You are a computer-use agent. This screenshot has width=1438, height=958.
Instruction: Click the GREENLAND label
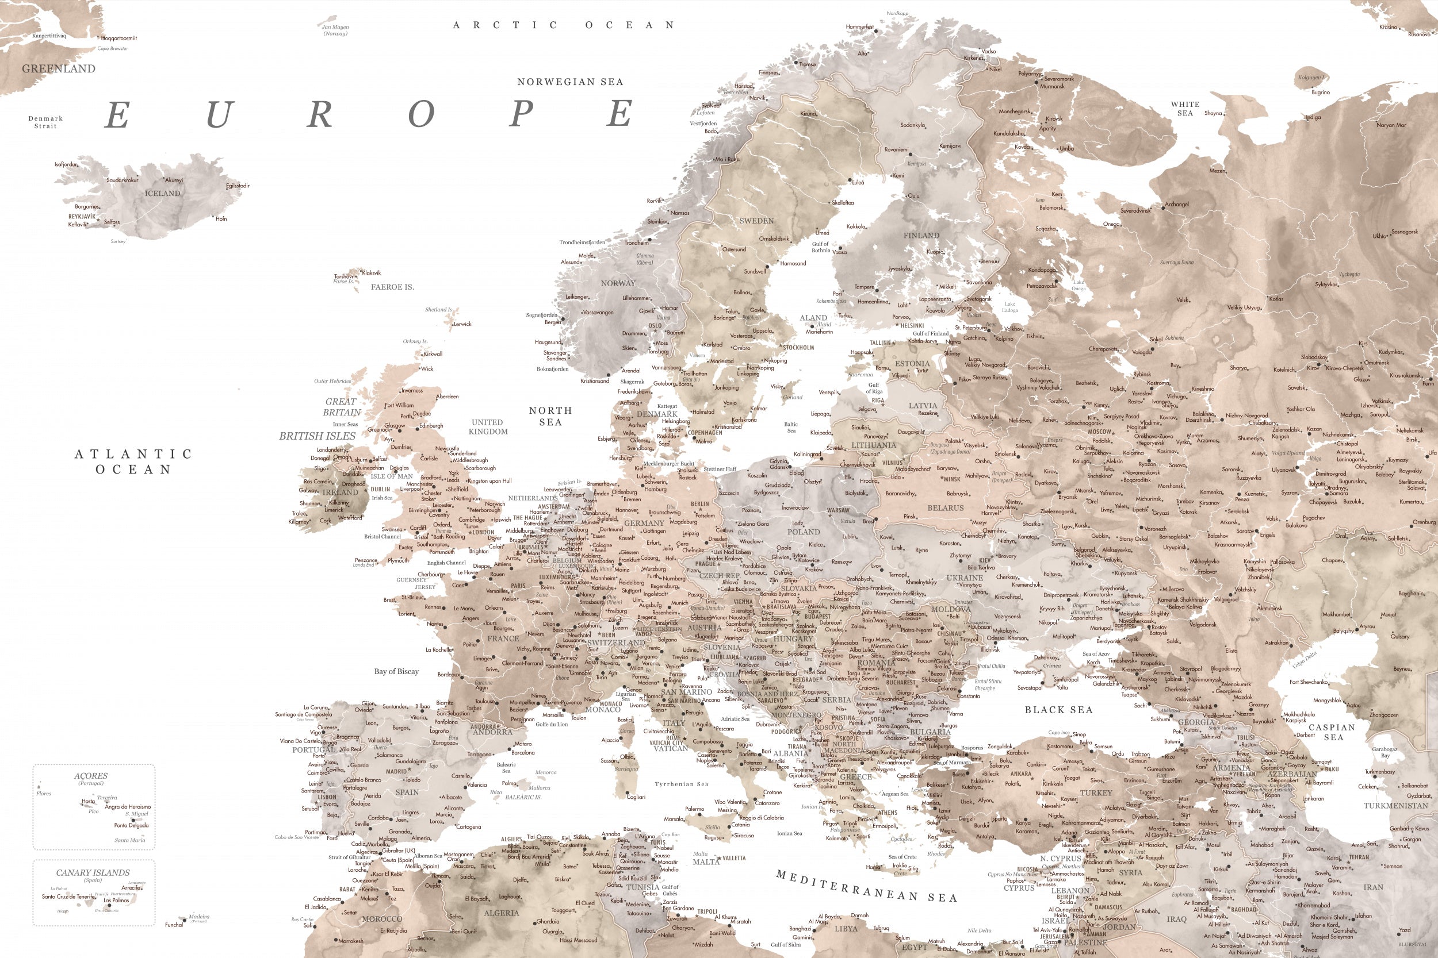59,68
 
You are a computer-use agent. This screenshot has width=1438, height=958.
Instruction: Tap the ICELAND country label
162,193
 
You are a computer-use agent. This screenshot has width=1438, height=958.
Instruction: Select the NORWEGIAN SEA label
570,82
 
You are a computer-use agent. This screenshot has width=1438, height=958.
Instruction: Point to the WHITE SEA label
1185,108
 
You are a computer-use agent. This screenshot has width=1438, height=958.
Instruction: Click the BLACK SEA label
1058,710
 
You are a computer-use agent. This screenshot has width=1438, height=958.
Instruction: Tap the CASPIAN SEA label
1332,732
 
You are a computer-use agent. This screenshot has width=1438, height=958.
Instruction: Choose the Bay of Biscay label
396,671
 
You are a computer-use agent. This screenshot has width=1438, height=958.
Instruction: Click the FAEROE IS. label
392,287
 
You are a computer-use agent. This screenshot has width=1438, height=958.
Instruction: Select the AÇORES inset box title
90,776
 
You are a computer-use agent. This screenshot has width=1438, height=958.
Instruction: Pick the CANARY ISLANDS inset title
93,872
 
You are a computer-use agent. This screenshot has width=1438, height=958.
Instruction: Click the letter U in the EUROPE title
218,114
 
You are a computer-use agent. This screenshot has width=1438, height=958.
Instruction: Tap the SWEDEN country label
756,221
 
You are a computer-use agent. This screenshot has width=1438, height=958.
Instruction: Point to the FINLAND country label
921,235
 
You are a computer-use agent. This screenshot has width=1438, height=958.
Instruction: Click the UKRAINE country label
965,578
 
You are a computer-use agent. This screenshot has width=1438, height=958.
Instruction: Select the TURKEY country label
1096,792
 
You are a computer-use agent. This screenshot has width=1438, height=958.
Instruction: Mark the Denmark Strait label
45,122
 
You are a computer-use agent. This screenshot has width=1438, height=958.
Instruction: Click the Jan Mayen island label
335,28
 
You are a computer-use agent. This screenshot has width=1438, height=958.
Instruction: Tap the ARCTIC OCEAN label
563,25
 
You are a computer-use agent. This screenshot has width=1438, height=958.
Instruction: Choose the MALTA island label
706,861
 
